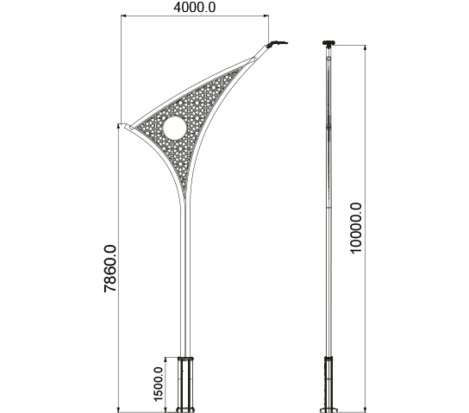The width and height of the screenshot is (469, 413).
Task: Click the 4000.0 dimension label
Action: pos(194,8)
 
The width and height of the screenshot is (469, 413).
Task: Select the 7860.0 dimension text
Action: pos(109,268)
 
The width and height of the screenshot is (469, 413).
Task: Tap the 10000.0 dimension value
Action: pos(356,228)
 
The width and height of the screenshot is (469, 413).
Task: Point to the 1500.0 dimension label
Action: pos(158,384)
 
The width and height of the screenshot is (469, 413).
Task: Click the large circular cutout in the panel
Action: pos(175,128)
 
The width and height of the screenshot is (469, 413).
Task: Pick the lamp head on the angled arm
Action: pos(277,44)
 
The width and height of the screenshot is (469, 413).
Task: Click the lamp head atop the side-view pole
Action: pos(328,43)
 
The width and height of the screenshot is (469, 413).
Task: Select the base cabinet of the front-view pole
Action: pos(185,385)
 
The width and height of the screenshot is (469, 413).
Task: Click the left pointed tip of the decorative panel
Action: pos(126,125)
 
